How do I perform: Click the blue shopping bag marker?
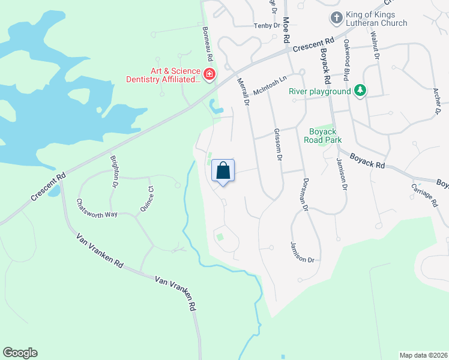coord(223,171)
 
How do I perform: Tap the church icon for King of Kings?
coord(336,18)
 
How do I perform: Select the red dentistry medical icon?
coord(209,74)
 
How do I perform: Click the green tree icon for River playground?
coord(360,91)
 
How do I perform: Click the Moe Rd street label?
coord(286,29)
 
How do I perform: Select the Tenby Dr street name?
coord(267,25)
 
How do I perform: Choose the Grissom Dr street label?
coord(277,145)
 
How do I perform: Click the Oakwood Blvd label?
coord(346,60)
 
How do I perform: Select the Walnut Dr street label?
coord(376,46)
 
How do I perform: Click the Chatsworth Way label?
coord(97,208)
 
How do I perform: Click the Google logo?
coord(20,353)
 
